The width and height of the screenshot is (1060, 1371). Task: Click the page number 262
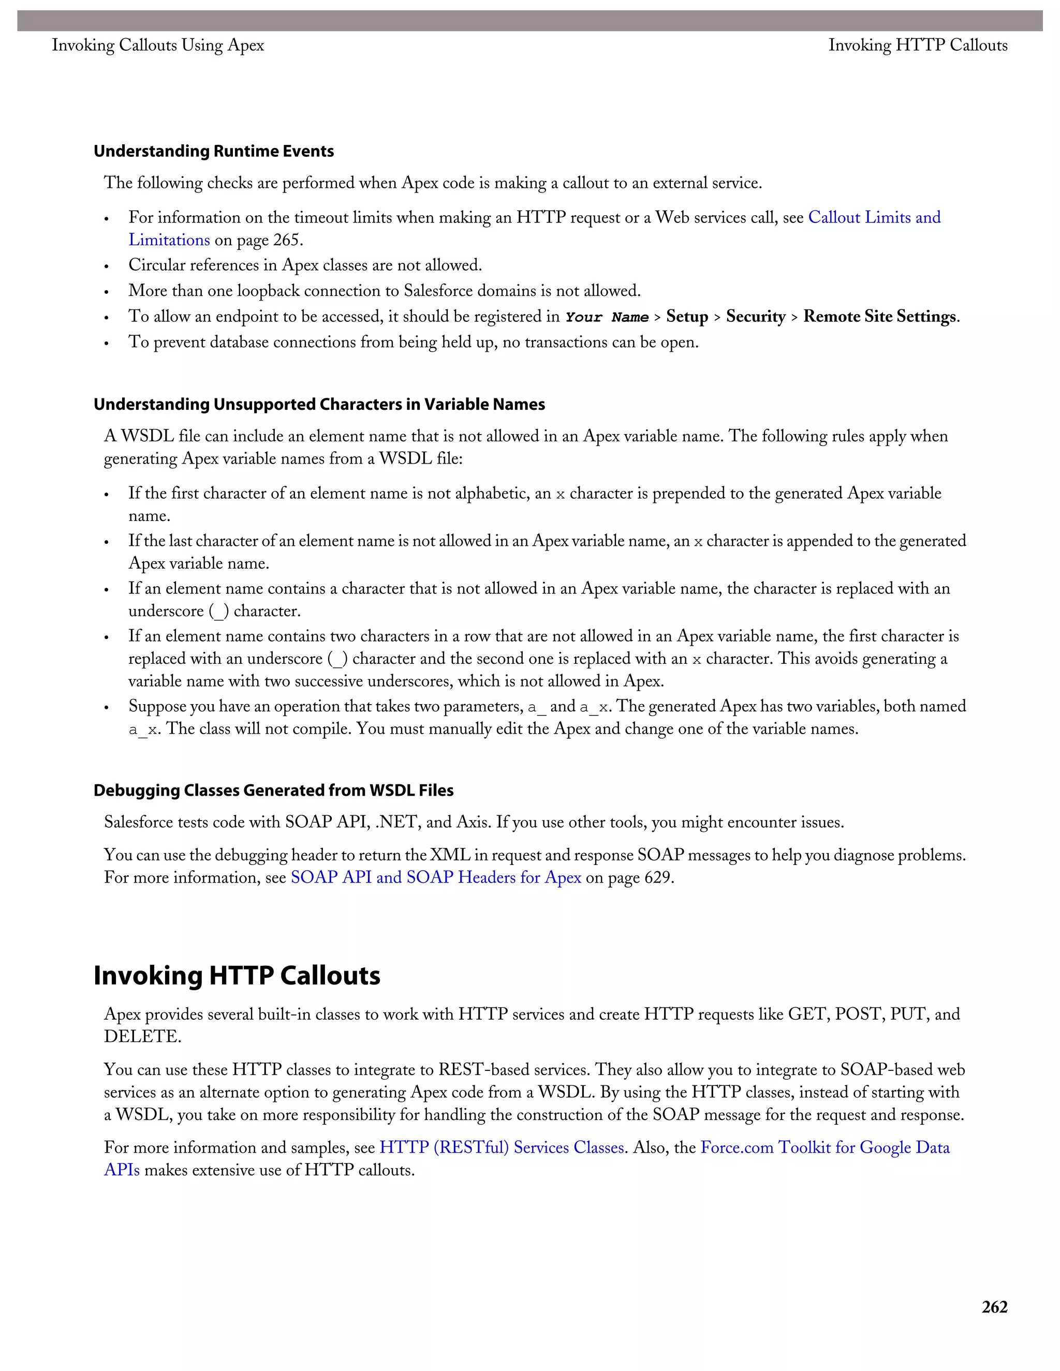pyautogui.click(x=994, y=1307)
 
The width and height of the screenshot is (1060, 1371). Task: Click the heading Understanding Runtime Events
pyautogui.click(x=214, y=151)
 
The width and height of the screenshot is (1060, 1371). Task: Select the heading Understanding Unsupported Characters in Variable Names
pyautogui.click(x=319, y=404)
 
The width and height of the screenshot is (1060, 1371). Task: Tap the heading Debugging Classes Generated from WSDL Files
pyautogui.click(x=273, y=791)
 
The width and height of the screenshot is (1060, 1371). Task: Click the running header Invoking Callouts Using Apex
pyautogui.click(x=158, y=45)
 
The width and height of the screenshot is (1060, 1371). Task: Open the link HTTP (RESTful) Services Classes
pyautogui.click(x=502, y=1148)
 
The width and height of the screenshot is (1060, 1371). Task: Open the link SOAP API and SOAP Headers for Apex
pyautogui.click(x=436, y=877)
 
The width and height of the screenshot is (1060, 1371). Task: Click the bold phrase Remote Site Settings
pyautogui.click(x=880, y=317)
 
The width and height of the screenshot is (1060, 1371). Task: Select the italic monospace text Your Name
pyautogui.click(x=607, y=317)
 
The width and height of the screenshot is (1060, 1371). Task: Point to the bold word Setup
pyautogui.click(x=687, y=317)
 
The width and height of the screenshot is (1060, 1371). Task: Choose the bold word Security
pyautogui.click(x=756, y=317)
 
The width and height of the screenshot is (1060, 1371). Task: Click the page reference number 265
pyautogui.click(x=287, y=240)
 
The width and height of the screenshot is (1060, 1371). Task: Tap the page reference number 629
pyautogui.click(x=658, y=877)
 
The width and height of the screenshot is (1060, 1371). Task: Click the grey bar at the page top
pyautogui.click(x=529, y=21)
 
